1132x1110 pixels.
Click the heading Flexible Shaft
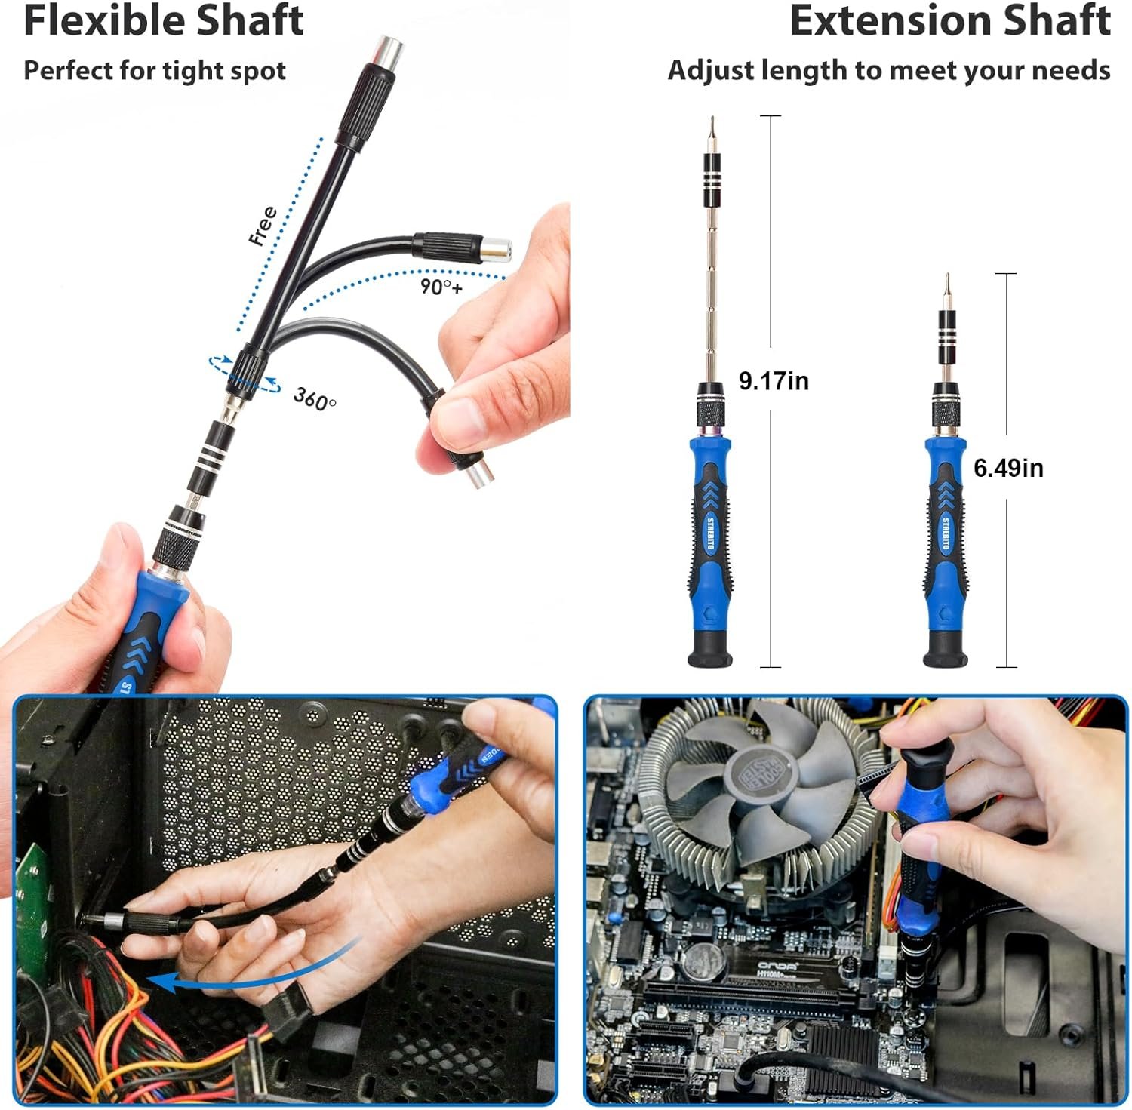[164, 20]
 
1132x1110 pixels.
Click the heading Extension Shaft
[949, 20]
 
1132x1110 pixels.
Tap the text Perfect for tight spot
[155, 70]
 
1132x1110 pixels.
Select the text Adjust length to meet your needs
[888, 70]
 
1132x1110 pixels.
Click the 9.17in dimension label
[774, 380]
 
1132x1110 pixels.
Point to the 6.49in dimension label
[1008, 468]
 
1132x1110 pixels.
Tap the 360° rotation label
[314, 398]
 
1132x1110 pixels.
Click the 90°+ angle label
[441, 287]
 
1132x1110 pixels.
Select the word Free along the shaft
[263, 225]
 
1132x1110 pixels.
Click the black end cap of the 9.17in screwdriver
[710, 650]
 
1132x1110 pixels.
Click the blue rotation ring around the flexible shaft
[245, 374]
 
